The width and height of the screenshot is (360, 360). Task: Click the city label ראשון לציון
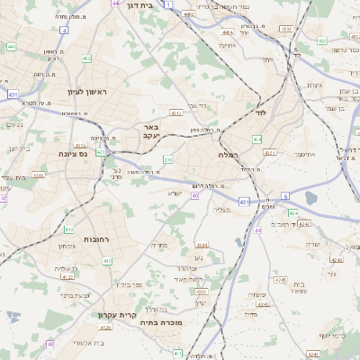(x=87, y=93)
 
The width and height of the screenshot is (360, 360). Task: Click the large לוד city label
(x=262, y=113)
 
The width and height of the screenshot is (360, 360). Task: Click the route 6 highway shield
(x=284, y=194)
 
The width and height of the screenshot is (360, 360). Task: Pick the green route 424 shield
(x=293, y=214)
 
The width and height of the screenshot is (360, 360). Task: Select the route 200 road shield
(x=167, y=159)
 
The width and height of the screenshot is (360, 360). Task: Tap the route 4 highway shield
(x=65, y=31)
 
